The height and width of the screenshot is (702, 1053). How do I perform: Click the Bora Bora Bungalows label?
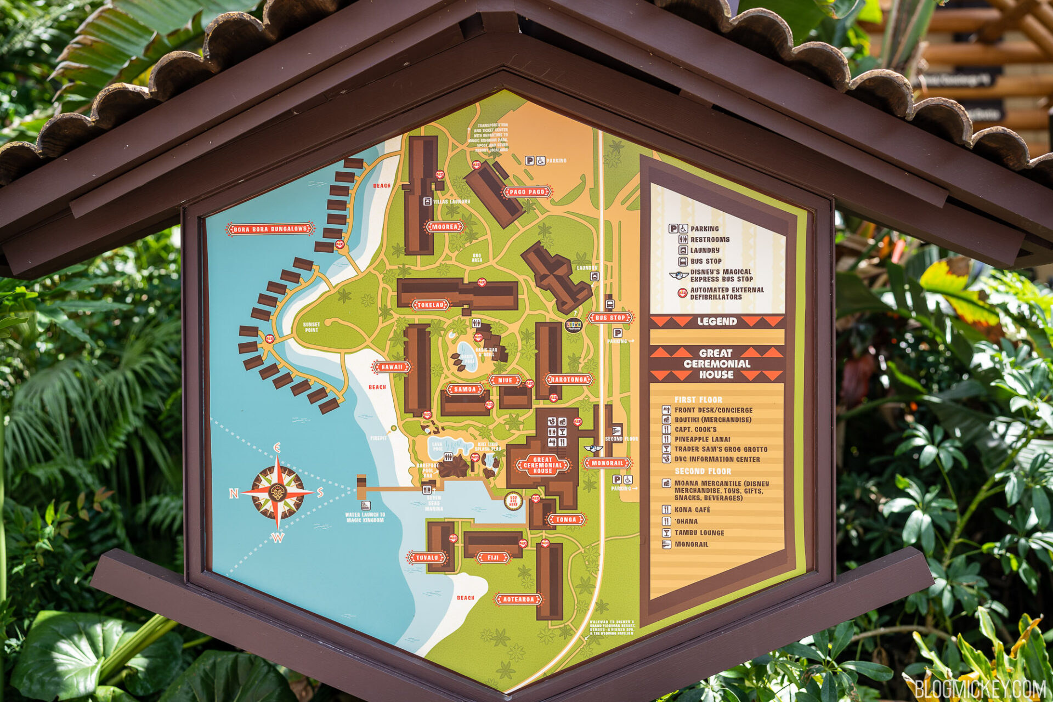point(270,229)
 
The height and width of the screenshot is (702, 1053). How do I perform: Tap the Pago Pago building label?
point(526,192)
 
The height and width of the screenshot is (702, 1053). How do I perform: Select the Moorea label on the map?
point(444,227)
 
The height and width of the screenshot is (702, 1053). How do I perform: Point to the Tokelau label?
point(430,305)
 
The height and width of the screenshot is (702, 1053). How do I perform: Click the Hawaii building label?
point(392,367)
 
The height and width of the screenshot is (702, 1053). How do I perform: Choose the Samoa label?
point(465,389)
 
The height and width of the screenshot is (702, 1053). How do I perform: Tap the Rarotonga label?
point(569,379)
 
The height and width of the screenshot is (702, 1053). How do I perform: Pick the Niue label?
point(505,380)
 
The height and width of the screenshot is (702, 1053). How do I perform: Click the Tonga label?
point(566,519)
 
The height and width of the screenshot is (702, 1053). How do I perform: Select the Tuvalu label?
point(427,558)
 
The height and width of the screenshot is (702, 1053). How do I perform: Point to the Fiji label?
point(492,558)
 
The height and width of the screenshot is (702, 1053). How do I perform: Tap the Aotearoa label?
point(518,599)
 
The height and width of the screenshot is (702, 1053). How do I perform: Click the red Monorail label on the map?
point(607,463)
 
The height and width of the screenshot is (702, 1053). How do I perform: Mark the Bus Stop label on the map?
point(610,318)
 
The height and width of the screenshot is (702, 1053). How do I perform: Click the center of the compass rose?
point(278,492)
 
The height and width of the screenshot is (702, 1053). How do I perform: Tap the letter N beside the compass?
point(234,494)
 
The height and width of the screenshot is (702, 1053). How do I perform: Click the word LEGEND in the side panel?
point(717,321)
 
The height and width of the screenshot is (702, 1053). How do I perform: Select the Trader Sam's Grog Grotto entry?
point(720,449)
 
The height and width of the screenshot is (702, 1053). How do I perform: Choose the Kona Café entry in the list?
point(692,509)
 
